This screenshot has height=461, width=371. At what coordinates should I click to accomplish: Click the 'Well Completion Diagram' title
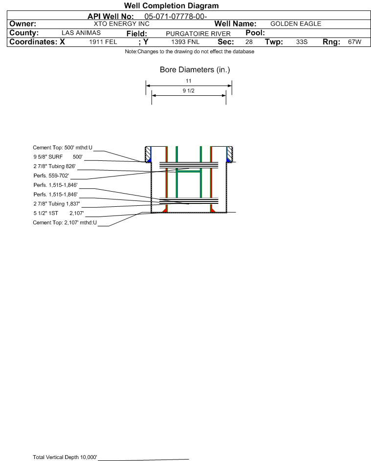(x=172, y=5)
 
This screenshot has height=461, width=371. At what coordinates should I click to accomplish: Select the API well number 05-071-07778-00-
(x=175, y=17)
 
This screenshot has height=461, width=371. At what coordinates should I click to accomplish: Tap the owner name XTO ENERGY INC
(x=121, y=24)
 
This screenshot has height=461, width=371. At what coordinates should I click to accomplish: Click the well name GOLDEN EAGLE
(x=296, y=24)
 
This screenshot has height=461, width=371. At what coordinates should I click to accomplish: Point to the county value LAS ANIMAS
(x=81, y=33)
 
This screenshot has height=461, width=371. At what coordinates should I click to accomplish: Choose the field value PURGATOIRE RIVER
(x=198, y=34)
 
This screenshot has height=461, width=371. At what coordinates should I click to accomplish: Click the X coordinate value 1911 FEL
(x=103, y=42)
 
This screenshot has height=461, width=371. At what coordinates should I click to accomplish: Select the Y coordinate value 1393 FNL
(x=185, y=42)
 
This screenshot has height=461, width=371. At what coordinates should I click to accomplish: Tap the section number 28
(x=249, y=42)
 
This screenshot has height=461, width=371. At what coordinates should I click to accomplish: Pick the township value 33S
(x=302, y=42)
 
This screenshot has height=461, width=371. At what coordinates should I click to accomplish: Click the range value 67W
(x=354, y=42)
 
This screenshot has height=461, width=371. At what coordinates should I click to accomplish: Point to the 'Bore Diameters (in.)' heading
(x=195, y=70)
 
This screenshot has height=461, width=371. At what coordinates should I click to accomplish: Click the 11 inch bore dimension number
(x=189, y=81)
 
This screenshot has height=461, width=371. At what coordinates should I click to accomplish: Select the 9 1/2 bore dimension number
(x=189, y=90)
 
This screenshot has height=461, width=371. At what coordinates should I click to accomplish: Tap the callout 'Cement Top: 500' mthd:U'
(x=63, y=148)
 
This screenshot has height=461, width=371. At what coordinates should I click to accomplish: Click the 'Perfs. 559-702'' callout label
(x=51, y=176)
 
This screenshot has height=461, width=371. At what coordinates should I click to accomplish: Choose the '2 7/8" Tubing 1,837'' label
(x=57, y=204)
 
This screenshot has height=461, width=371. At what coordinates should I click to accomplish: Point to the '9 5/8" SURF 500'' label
(x=58, y=157)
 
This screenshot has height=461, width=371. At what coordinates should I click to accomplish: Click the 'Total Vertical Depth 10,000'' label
(x=65, y=457)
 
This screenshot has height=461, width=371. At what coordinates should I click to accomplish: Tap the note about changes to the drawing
(x=190, y=51)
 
